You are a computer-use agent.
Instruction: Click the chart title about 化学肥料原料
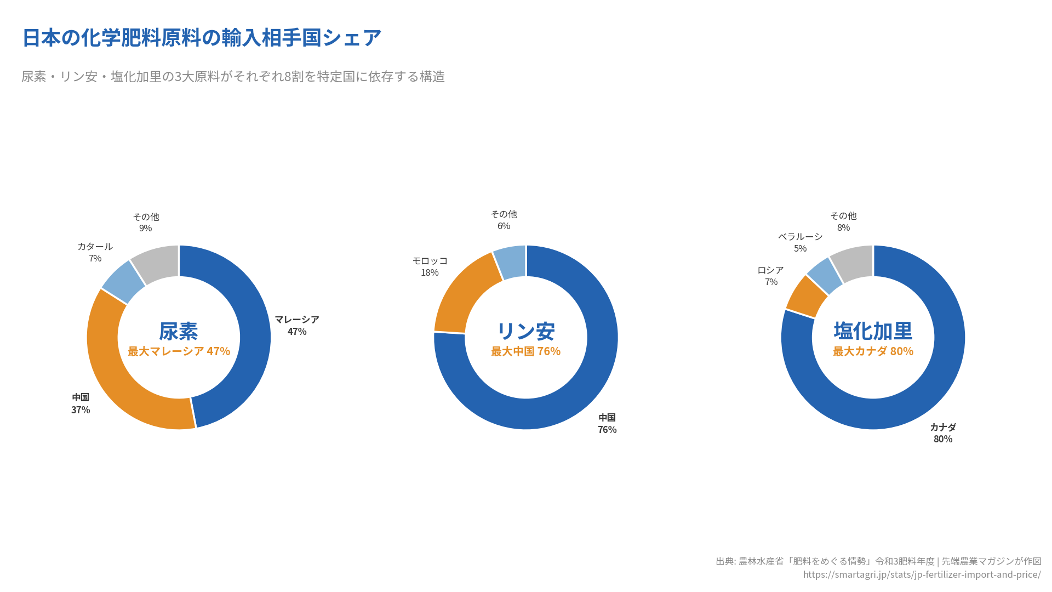click(202, 37)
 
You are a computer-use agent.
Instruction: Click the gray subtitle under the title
click(233, 76)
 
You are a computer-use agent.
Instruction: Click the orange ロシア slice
click(806, 295)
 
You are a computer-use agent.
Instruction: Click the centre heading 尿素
click(179, 331)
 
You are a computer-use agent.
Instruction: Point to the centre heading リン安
click(525, 331)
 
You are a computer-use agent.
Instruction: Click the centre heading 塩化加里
click(873, 331)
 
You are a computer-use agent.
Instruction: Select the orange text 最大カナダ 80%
click(873, 351)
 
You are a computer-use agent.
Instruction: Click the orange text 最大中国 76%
click(525, 351)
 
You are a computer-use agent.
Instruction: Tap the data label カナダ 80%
click(943, 433)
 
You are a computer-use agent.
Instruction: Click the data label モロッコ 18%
click(430, 266)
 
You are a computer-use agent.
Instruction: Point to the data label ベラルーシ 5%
click(800, 242)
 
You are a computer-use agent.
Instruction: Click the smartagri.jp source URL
click(922, 574)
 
